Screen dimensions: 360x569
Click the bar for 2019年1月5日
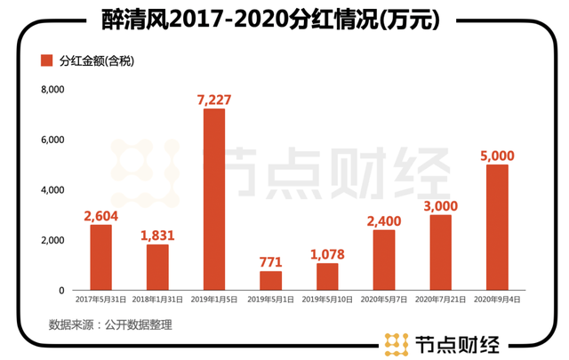coord(214,199)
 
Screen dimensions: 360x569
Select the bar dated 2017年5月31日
coord(101,257)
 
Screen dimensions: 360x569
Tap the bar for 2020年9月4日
coord(497,228)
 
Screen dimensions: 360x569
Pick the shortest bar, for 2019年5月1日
coord(270,280)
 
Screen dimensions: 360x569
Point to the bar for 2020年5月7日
coord(384,260)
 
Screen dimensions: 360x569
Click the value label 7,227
coord(214,98)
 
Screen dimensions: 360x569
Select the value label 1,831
coord(157,234)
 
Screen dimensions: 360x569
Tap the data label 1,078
coord(327,252)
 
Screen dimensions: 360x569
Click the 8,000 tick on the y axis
coord(52,90)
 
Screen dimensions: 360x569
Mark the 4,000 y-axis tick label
coord(52,190)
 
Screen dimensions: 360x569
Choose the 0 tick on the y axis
coord(61,291)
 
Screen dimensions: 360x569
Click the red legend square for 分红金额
coord(46,60)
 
